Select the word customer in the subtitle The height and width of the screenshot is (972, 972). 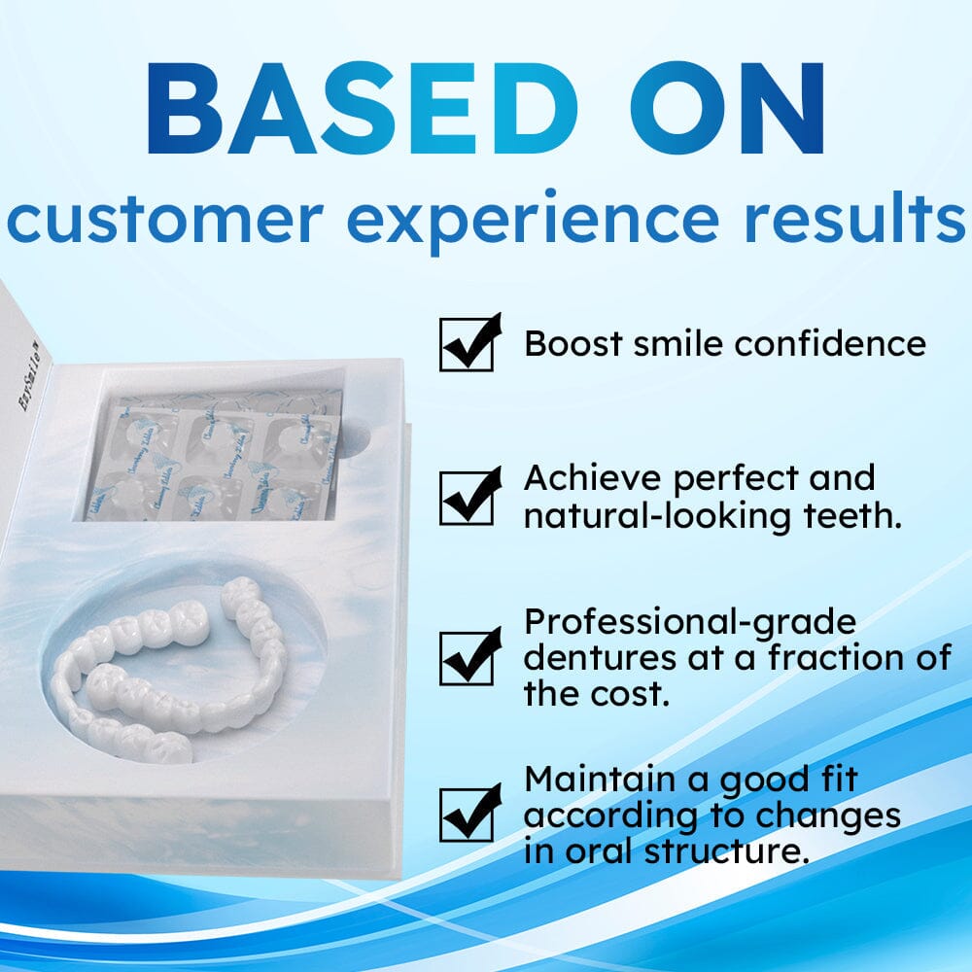tap(165, 220)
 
